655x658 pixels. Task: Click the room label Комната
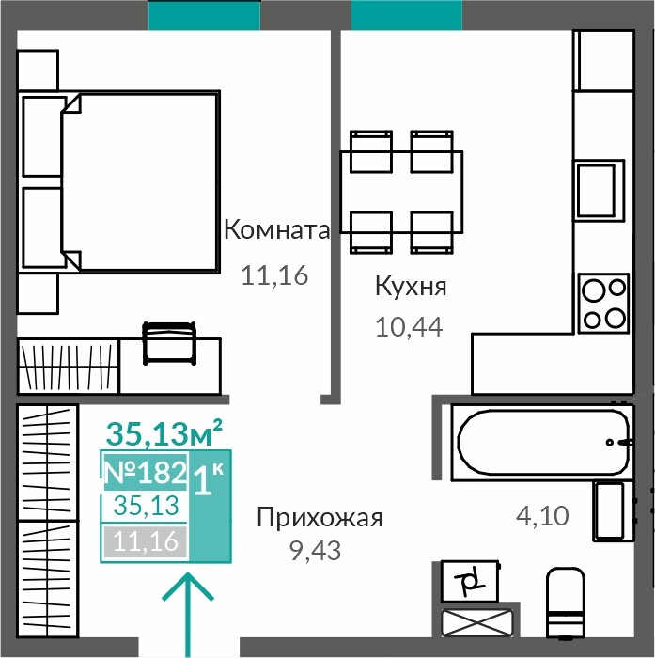click(x=277, y=230)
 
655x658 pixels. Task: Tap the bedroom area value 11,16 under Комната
click(x=274, y=275)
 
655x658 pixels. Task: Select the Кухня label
click(x=411, y=286)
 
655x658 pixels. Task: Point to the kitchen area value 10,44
click(x=409, y=327)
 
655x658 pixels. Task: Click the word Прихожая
click(x=320, y=517)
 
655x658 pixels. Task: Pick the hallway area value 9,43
click(x=316, y=551)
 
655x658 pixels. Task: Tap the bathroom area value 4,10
click(x=542, y=516)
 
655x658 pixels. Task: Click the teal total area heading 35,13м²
click(x=164, y=433)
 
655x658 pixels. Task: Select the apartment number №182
click(x=145, y=472)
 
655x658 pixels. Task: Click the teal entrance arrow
click(x=187, y=615)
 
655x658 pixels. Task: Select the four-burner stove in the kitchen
click(x=604, y=303)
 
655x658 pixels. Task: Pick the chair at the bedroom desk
click(x=169, y=343)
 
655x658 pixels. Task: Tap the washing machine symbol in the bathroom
click(x=471, y=582)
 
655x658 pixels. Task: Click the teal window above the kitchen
click(x=406, y=15)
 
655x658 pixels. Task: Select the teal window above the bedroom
click(x=204, y=15)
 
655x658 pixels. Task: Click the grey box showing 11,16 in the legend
click(x=145, y=541)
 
